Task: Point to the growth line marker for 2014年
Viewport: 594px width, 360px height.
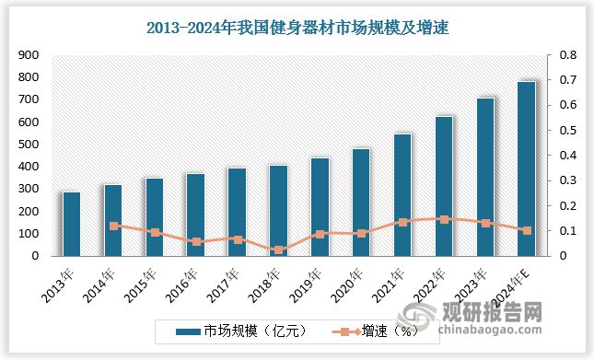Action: (113, 226)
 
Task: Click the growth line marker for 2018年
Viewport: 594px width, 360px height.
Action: (278, 250)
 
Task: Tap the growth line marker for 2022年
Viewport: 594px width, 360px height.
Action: (444, 219)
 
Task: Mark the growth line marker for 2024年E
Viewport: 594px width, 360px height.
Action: (527, 230)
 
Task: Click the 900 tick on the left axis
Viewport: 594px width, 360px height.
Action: (27, 55)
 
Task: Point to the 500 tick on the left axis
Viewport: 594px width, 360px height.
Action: (27, 145)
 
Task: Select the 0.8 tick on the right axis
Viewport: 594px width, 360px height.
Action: (558, 55)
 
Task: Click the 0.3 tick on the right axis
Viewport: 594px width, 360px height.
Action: (558, 180)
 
